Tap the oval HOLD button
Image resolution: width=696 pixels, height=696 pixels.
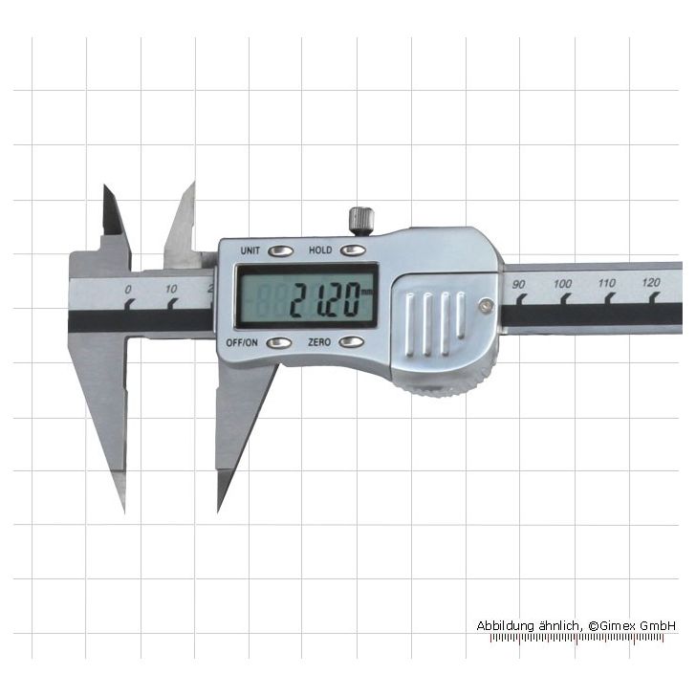pyautogui.click(x=354, y=250)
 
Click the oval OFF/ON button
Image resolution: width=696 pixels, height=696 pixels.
pyautogui.click(x=279, y=342)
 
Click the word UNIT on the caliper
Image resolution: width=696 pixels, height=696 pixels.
pyautogui.click(x=250, y=250)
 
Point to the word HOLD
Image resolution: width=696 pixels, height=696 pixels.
pyautogui.click(x=320, y=250)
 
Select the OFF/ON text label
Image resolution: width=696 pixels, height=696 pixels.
pyautogui.click(x=242, y=342)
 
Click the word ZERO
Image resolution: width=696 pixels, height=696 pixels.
pyautogui.click(x=319, y=342)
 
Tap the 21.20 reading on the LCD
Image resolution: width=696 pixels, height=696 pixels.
pyautogui.click(x=324, y=300)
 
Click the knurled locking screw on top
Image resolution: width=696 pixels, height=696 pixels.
pyautogui.click(x=361, y=221)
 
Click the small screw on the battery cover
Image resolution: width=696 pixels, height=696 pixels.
pyautogui.click(x=486, y=305)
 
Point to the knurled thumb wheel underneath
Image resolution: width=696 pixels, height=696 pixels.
pyautogui.click(x=444, y=386)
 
